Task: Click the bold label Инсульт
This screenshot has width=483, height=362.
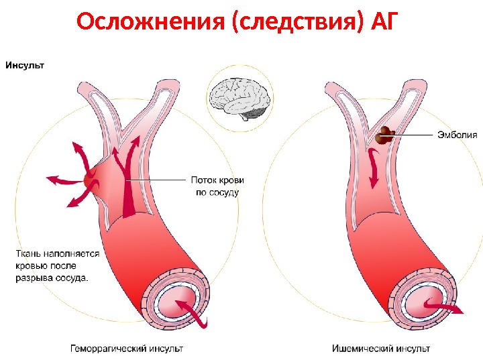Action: point(25,65)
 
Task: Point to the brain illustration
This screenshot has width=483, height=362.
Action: point(237,97)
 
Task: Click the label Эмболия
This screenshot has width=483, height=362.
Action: point(457,135)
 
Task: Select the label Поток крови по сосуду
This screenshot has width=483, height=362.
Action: point(217,186)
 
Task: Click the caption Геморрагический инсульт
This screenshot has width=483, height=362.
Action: point(127,349)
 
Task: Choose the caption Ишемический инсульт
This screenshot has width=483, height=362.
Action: point(381,349)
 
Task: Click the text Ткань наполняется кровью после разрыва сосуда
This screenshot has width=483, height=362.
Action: point(56,265)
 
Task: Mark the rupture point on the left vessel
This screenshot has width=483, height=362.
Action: point(91,178)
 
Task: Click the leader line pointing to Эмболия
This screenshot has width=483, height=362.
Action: point(413,135)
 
